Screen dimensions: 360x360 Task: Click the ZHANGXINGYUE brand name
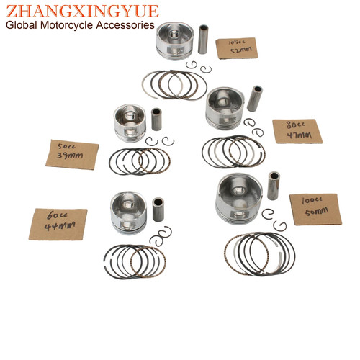coord(82,11)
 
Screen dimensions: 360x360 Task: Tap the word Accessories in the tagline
coord(125,25)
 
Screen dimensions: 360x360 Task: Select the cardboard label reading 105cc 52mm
coord(237,48)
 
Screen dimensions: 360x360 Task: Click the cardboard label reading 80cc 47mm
coord(297,131)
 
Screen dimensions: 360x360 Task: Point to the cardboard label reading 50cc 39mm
coord(72,155)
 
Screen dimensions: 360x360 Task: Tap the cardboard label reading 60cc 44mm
coord(58,225)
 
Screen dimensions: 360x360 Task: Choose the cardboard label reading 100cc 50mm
coord(315,210)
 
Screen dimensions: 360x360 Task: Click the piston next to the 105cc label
coord(174,41)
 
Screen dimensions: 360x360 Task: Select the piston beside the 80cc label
coord(225,108)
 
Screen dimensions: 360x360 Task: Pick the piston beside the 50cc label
coord(130,123)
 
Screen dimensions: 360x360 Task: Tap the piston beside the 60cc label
coord(128,213)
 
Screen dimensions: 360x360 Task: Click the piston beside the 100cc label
coord(239,199)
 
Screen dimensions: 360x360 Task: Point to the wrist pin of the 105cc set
coord(203,39)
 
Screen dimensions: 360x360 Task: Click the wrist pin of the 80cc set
coord(255,99)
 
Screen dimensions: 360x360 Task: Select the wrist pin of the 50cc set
coord(156,120)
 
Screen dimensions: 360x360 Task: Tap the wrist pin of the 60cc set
coord(158,210)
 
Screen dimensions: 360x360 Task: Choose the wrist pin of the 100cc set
coord(274,186)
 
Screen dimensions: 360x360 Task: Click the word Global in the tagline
coord(22,25)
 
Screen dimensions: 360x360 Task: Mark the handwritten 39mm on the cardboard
coord(70,156)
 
